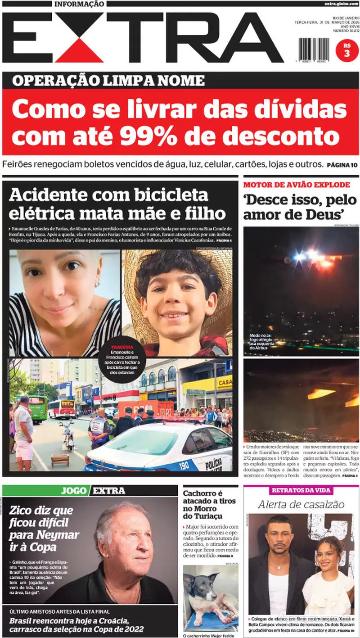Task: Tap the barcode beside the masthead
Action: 314,49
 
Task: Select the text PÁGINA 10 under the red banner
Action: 342,165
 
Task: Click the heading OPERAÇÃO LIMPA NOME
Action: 108,81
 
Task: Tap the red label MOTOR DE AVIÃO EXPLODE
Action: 297,185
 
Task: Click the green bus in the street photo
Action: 38,408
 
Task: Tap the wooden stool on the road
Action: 60,460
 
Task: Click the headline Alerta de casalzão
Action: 301,504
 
